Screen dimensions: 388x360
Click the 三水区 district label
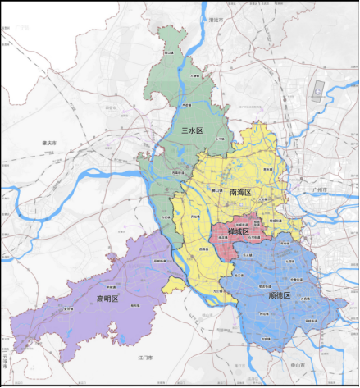pos(191,130)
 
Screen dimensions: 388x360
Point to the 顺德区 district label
pos(281,294)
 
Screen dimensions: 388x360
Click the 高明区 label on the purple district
pos(107,299)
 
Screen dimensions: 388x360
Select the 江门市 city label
pos(147,359)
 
